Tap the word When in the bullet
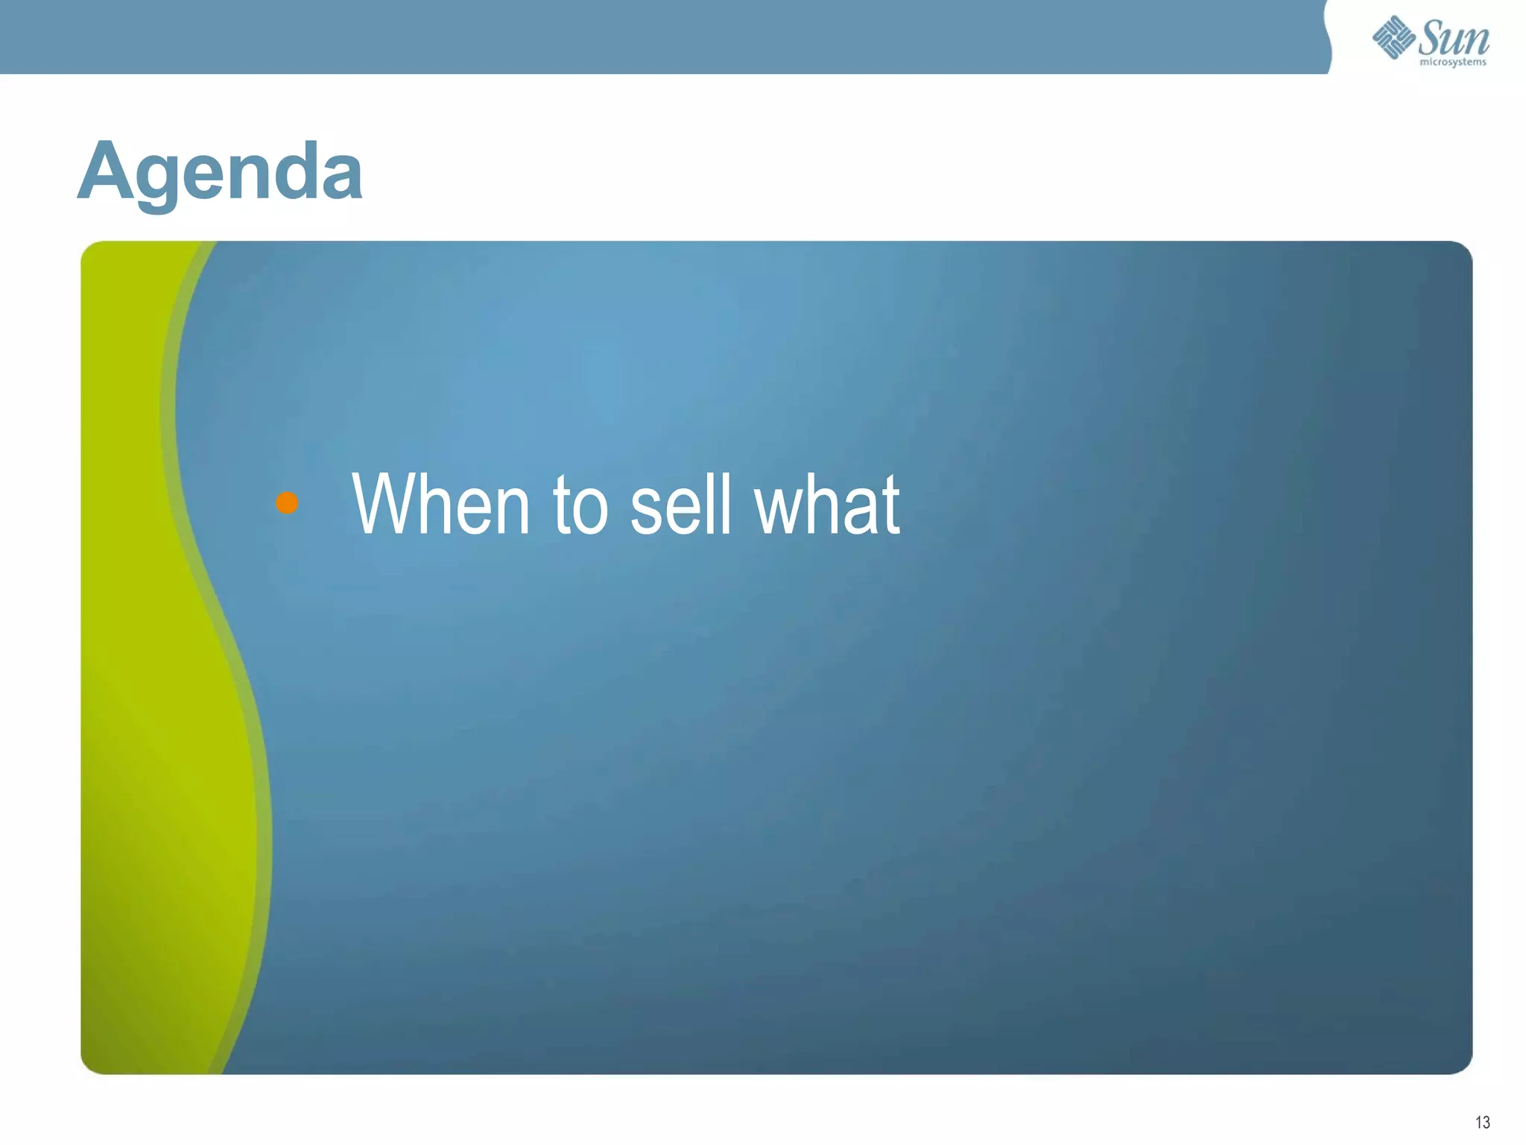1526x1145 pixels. (x=440, y=505)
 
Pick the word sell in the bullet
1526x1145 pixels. (x=680, y=505)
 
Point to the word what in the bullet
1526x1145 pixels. (x=826, y=505)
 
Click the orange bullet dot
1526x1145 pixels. (x=287, y=503)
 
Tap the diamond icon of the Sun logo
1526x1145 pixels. (x=1393, y=37)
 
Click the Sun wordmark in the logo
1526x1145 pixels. (x=1454, y=37)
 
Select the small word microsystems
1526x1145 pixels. (x=1453, y=63)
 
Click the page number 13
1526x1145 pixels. (x=1482, y=1123)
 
